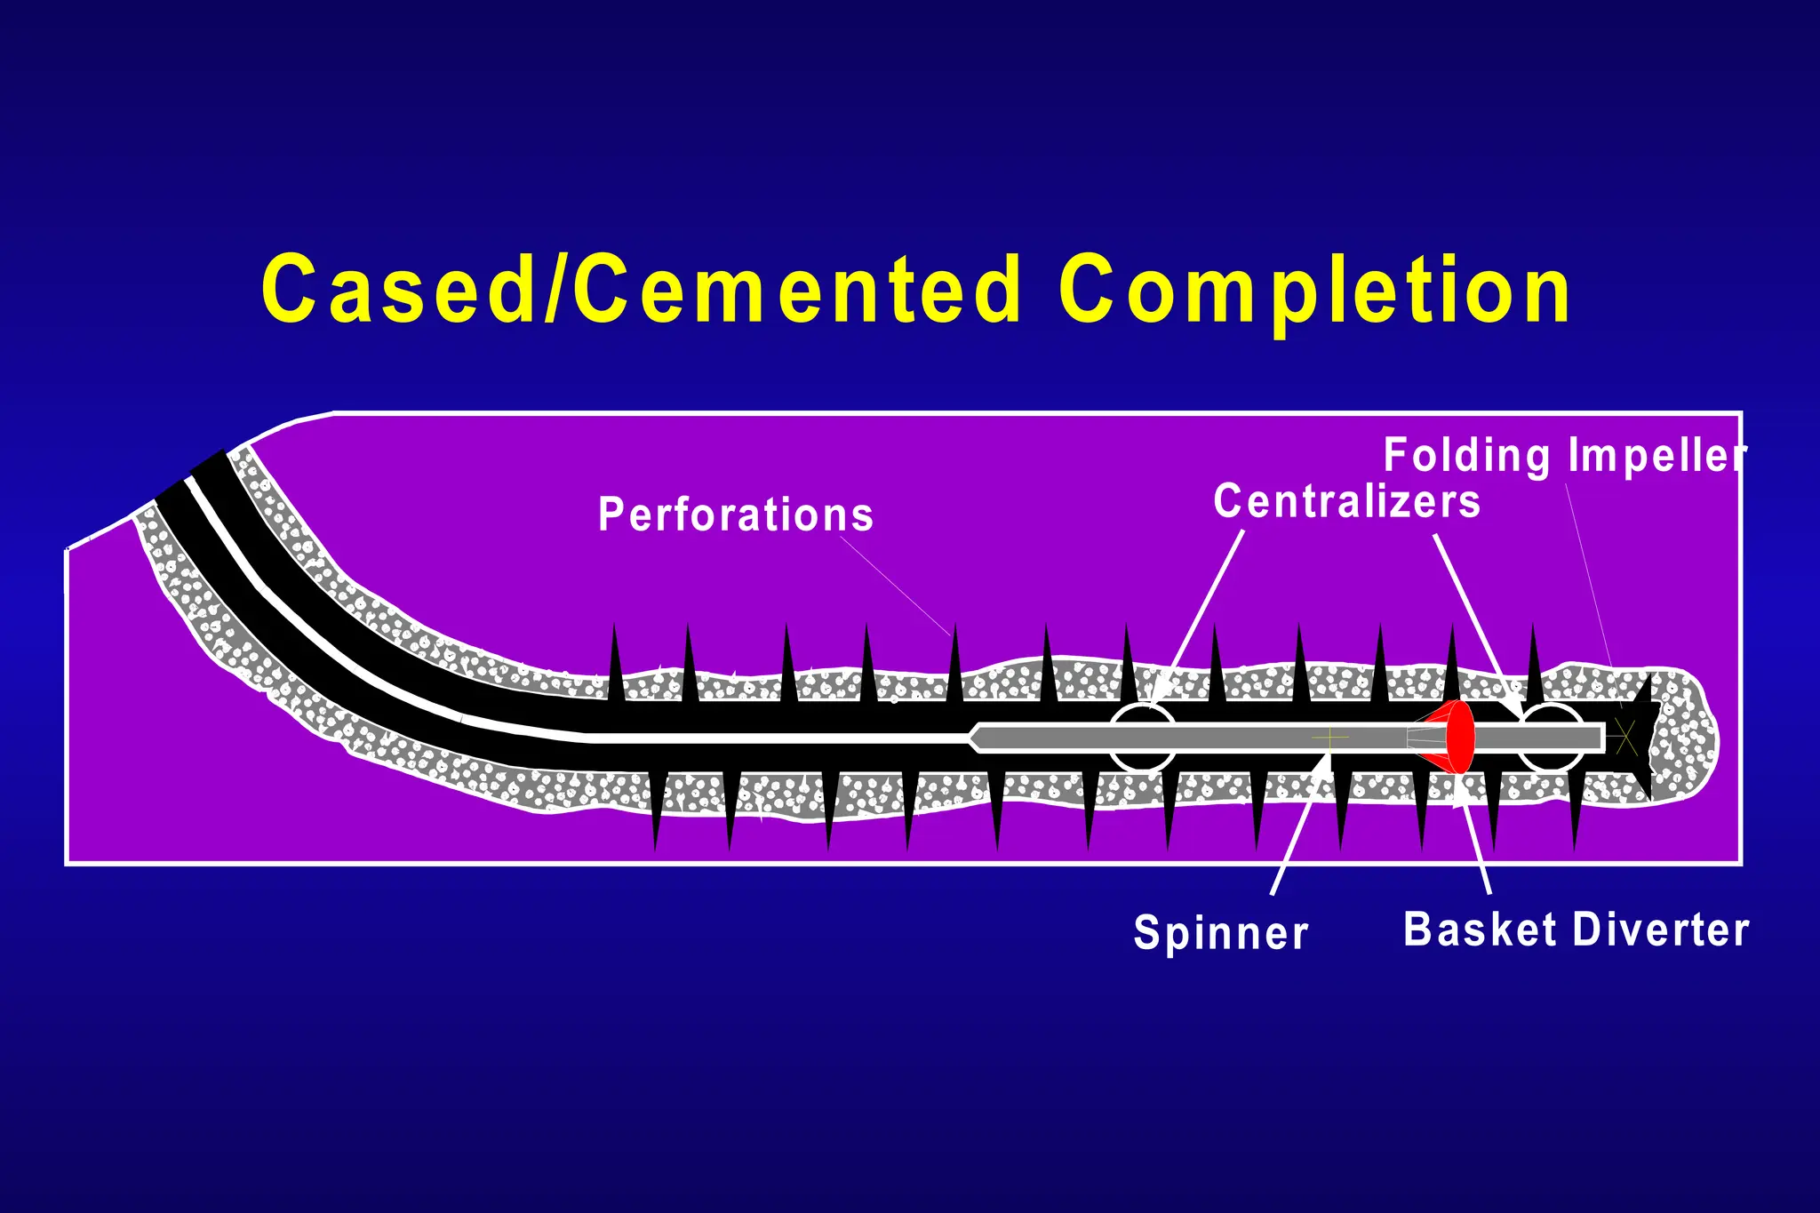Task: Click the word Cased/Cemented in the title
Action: [x=640, y=290]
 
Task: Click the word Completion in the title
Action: [x=1315, y=290]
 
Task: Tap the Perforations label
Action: [x=736, y=515]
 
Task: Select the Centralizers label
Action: [x=1346, y=501]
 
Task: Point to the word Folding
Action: [x=1466, y=456]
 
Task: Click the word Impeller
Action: [x=1656, y=456]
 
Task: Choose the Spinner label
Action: [x=1221, y=933]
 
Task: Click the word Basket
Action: [x=1480, y=930]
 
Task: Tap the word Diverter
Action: [x=1661, y=930]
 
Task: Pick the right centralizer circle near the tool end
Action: [x=1552, y=737]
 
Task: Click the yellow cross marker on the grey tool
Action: [x=1329, y=737]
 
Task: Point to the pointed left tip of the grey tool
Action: [x=974, y=738]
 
